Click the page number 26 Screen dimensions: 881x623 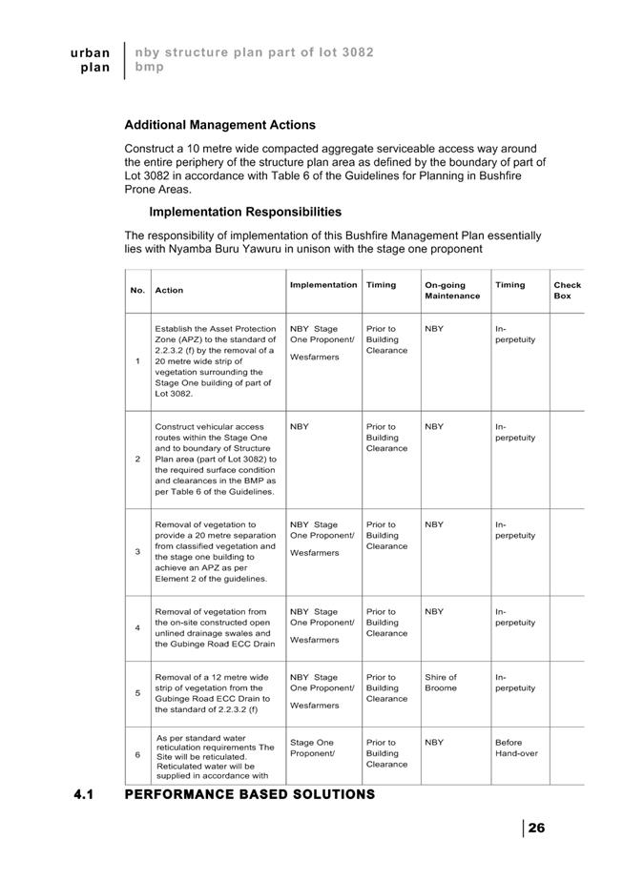(x=536, y=828)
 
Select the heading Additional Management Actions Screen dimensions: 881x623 (x=219, y=125)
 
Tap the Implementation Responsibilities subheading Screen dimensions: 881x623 (x=245, y=212)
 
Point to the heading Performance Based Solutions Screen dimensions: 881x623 (x=250, y=794)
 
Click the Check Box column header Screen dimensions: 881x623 (x=567, y=290)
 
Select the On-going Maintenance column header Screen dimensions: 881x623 (x=452, y=290)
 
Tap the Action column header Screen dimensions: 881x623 (x=169, y=290)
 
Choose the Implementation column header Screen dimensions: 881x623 (x=323, y=285)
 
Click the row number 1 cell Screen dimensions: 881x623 (x=138, y=361)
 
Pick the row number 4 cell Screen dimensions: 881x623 (x=138, y=627)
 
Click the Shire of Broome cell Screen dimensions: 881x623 (x=441, y=683)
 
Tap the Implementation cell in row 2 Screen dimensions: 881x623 (x=300, y=427)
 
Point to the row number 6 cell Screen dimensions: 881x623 (x=138, y=754)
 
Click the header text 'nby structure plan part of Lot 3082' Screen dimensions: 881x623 (x=254, y=51)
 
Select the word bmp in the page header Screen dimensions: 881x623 (x=149, y=68)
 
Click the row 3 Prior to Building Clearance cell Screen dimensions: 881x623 (x=386, y=535)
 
